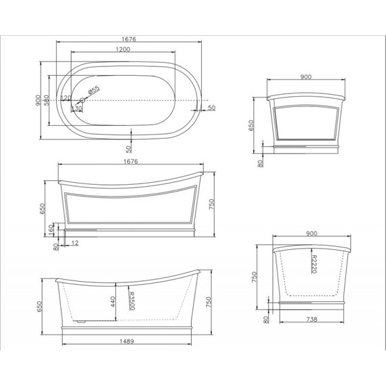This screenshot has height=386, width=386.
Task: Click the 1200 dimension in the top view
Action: pos(123,49)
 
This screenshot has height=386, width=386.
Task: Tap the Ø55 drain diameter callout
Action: pos(94,89)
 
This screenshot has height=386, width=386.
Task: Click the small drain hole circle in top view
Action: pos(84,101)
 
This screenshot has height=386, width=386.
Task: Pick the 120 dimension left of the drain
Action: pos(66,98)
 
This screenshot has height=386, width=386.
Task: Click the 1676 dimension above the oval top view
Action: pos(126,40)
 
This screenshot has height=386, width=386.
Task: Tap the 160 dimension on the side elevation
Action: pos(52,228)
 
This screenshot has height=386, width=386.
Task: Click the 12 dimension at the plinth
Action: pos(74,242)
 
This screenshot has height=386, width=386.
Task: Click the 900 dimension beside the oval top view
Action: pos(38,101)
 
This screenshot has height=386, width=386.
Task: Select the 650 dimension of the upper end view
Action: pos(253,125)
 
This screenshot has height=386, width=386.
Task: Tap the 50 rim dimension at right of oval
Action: pos(211,108)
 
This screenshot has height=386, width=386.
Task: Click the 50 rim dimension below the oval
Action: pos(129,148)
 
